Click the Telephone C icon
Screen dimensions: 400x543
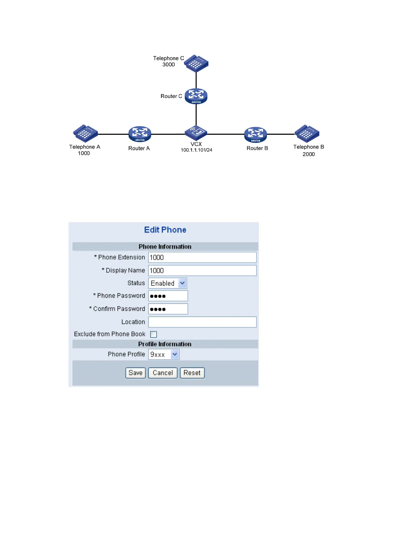[196, 63]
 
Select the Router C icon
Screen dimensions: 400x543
[196, 96]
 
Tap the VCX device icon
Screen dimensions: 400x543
[196, 133]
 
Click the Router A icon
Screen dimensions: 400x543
[140, 134]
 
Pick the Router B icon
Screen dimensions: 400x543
[255, 135]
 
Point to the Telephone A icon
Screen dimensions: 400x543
[85, 133]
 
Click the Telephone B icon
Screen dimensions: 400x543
[307, 133]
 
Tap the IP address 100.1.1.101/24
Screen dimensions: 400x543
[197, 150]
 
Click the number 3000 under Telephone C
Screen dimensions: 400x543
[169, 65]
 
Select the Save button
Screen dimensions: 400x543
[135, 373]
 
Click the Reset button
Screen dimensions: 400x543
[192, 373]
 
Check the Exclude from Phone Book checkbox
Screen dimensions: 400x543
[154, 334]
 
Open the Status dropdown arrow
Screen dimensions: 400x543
[182, 283]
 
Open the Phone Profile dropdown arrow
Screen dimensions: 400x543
[175, 354]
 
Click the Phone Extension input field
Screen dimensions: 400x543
[202, 257]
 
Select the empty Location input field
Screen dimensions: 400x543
[202, 322]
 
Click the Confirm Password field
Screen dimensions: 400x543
[168, 309]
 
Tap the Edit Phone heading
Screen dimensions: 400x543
[165, 230]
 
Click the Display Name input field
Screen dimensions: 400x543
[202, 270]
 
